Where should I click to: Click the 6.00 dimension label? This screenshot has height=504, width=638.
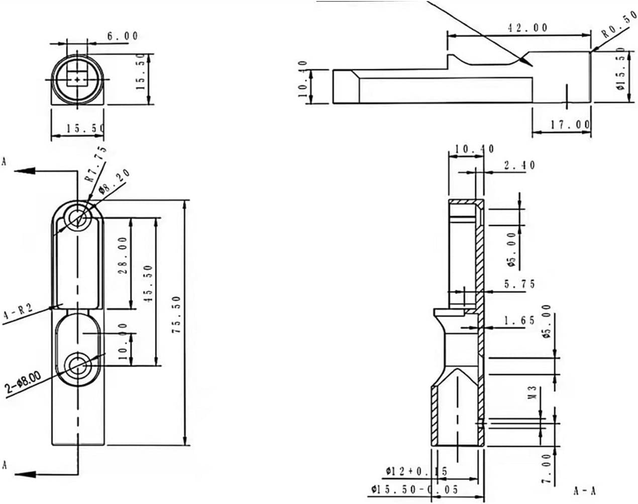[x=122, y=36]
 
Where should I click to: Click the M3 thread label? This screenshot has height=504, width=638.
[x=533, y=392]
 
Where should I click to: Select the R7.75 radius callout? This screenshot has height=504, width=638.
[x=95, y=164]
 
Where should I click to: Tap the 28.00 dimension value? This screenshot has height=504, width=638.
[x=123, y=256]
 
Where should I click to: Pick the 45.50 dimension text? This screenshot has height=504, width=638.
[x=149, y=283]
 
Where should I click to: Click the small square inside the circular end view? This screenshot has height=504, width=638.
[x=77, y=79]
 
